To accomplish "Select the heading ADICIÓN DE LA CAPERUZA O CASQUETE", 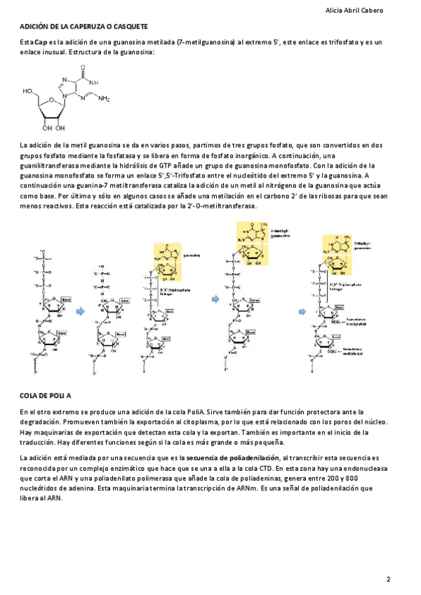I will click(x=83, y=26).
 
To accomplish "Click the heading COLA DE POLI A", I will click(x=46, y=396).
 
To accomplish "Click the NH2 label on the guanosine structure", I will click(x=104, y=99).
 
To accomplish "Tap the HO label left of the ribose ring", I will click(x=28, y=91).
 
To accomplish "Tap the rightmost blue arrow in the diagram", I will click(x=303, y=311).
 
